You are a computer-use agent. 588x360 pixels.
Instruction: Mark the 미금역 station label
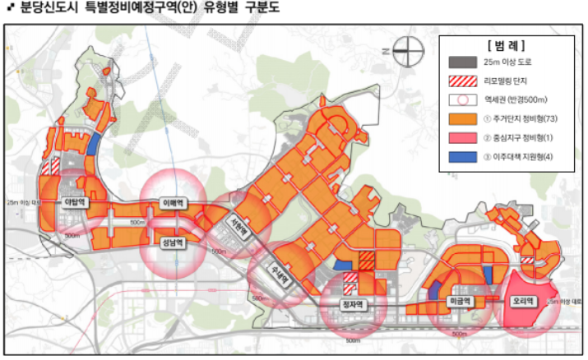pos(459,302)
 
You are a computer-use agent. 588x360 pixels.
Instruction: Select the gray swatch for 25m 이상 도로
pos(463,62)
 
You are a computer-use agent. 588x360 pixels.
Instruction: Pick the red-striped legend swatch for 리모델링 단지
pos(463,81)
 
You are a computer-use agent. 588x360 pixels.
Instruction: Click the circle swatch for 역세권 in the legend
pos(463,99)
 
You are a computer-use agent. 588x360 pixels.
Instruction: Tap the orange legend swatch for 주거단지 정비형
pos(463,118)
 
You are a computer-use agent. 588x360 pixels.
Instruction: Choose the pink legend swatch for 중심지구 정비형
pos(463,136)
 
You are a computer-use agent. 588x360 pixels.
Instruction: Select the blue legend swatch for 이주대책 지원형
pos(463,155)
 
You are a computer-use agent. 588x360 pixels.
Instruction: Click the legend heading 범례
pos(506,43)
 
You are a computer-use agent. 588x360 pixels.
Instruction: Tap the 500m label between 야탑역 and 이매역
pos(137,222)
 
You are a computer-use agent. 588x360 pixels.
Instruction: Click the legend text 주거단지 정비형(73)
pos(526,118)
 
